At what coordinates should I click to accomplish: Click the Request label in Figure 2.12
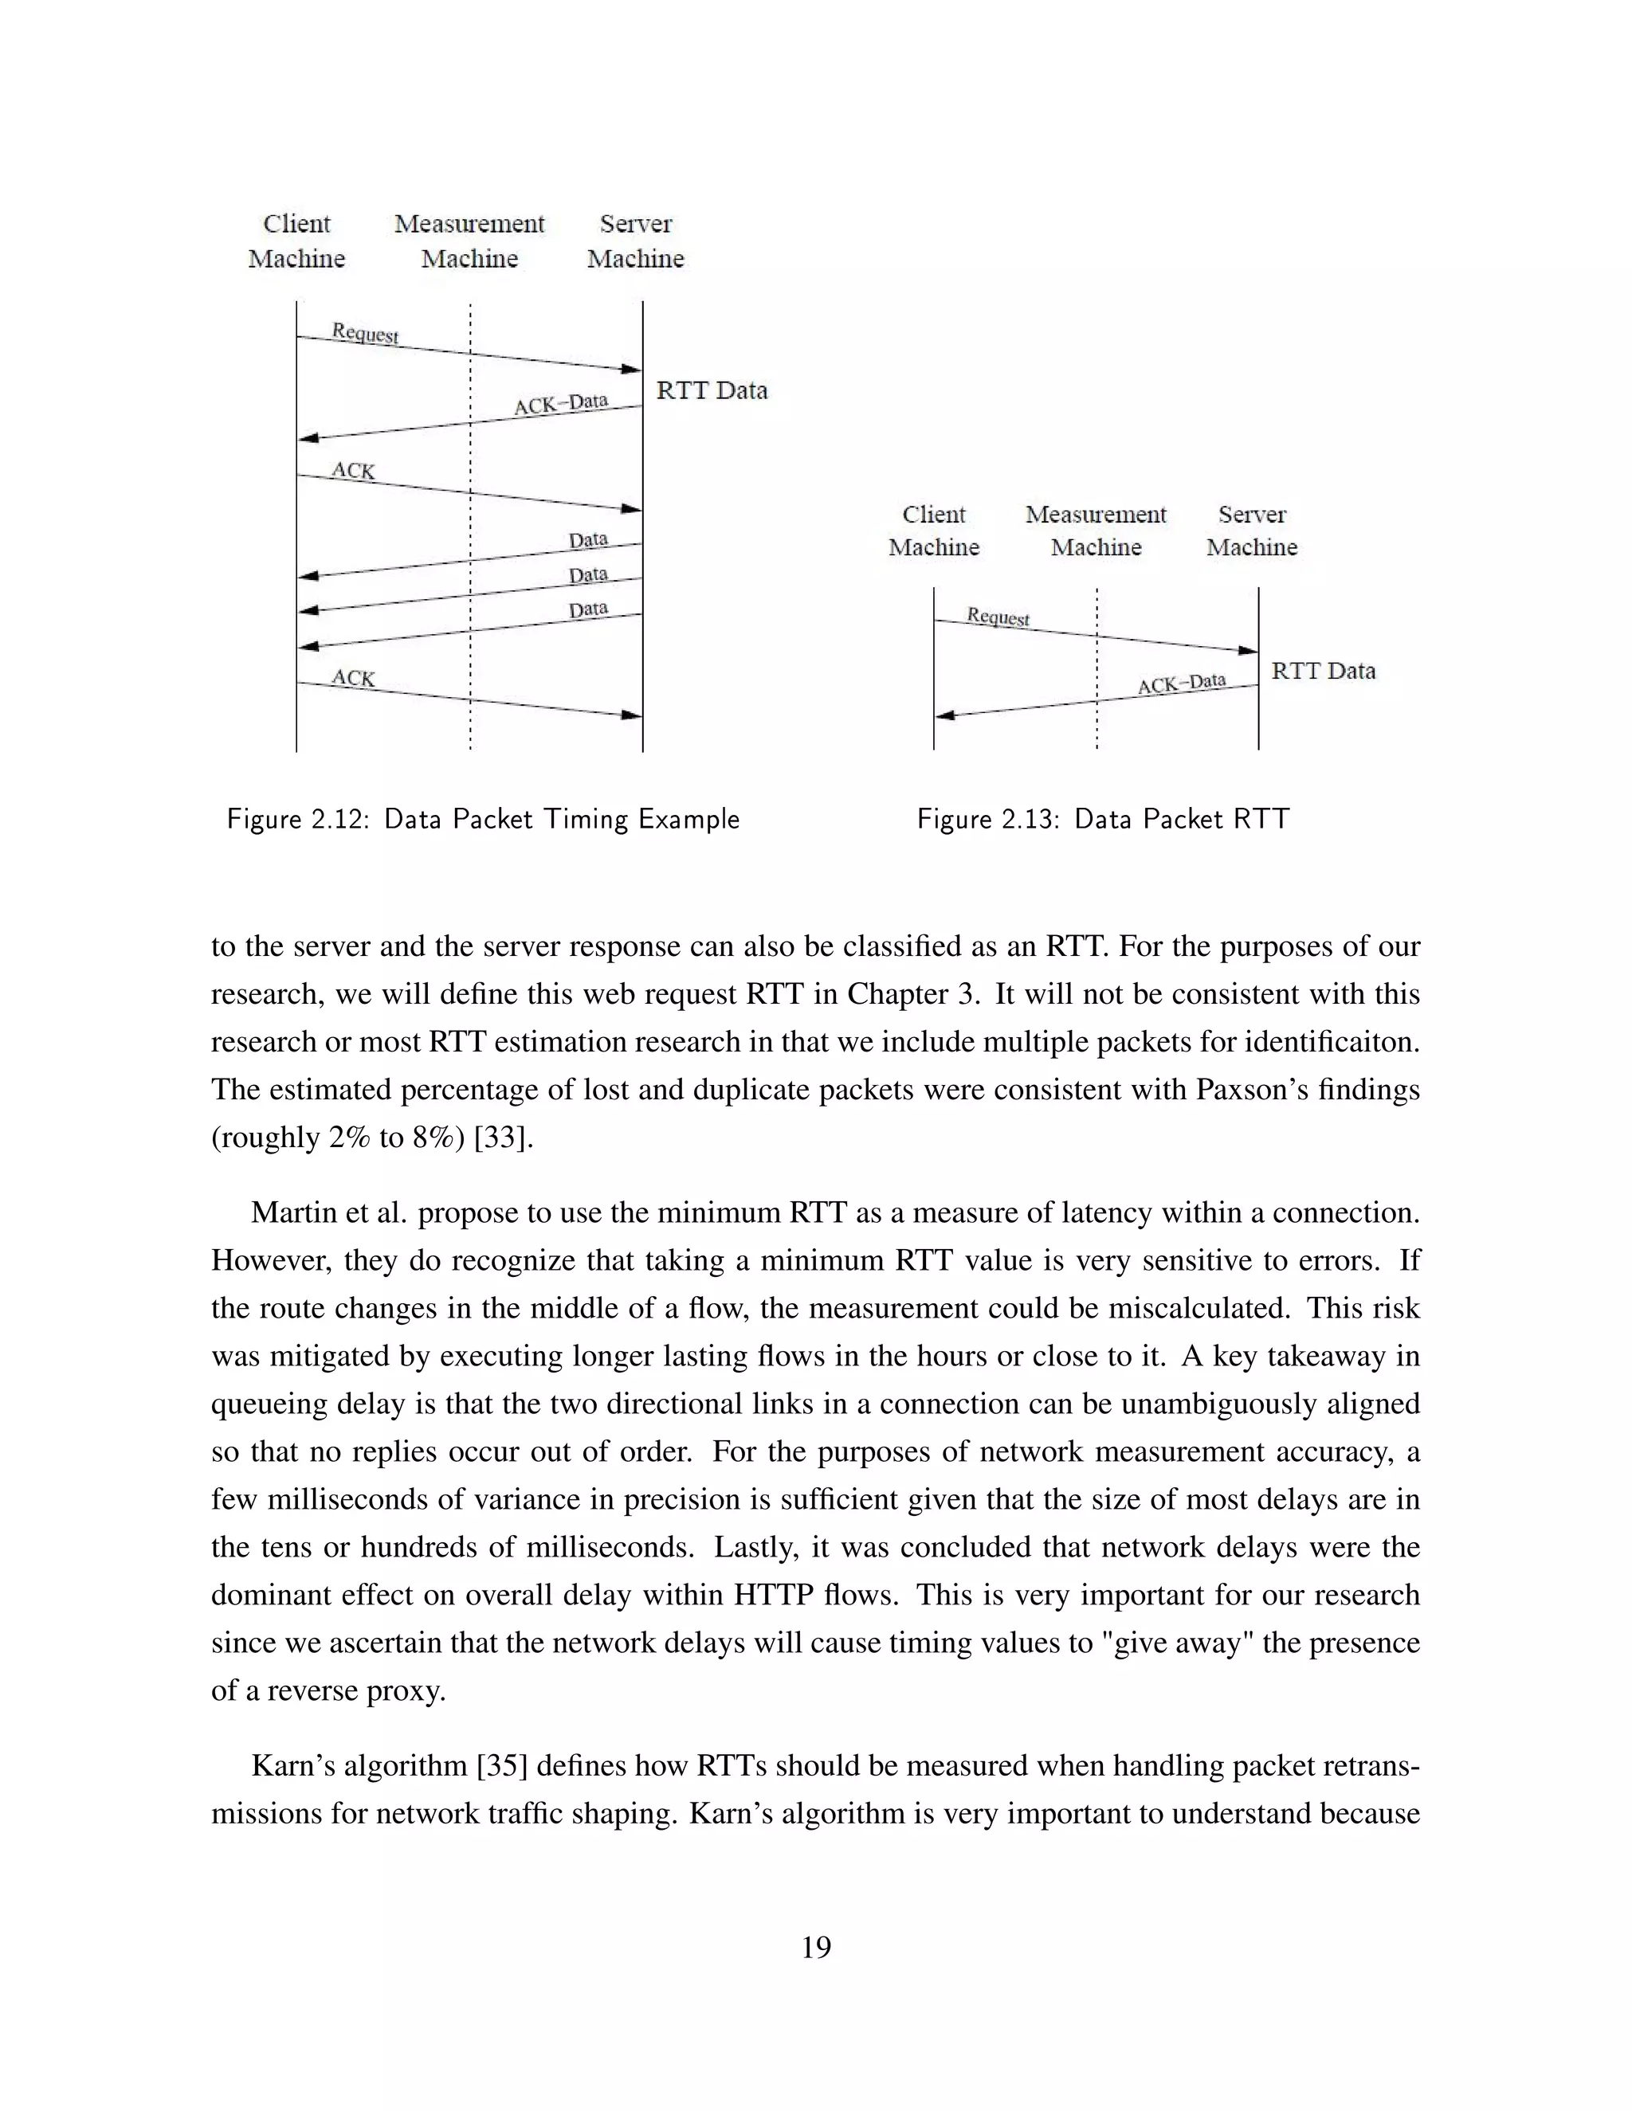364,334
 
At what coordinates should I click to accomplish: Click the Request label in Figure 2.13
998,617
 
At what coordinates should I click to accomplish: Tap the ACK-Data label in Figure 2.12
561,403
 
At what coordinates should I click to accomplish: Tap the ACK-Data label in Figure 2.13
1182,684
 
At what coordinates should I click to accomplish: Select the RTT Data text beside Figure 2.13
1323,671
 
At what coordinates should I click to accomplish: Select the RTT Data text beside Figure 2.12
712,390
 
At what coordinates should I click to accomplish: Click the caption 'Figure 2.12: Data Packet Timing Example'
482,820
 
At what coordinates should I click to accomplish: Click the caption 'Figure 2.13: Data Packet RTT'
1102,820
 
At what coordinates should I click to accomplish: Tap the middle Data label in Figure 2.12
588,575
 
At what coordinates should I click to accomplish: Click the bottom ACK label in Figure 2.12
353,679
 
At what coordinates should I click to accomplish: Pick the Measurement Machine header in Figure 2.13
1096,531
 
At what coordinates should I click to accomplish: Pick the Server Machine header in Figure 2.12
635,241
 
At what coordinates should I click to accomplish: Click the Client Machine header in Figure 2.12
296,241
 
